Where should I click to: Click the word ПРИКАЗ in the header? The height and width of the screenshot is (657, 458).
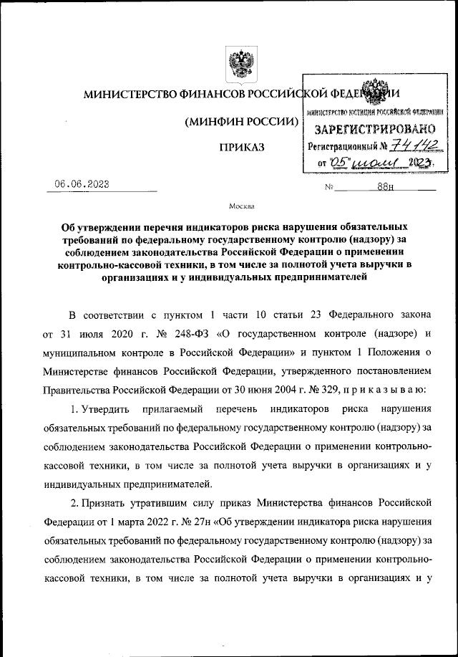coord(241,147)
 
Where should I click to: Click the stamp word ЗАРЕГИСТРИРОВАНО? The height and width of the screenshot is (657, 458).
coord(375,129)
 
